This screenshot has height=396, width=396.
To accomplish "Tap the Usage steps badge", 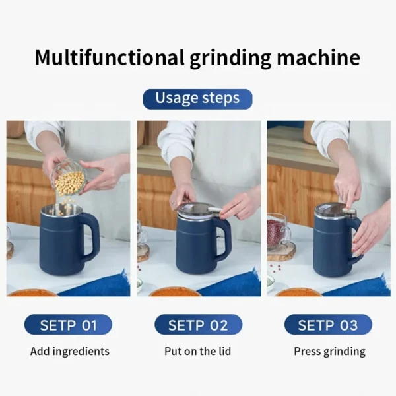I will tap(197, 99).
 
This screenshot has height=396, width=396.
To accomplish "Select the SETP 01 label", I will tap(68, 325).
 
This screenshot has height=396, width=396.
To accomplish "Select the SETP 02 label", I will tap(198, 325).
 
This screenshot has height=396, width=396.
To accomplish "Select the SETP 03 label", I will tap(328, 325).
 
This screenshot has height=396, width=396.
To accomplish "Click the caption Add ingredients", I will tap(68, 351).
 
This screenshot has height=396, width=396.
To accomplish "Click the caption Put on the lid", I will tap(198, 351).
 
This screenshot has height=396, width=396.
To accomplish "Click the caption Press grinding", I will tap(329, 351).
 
